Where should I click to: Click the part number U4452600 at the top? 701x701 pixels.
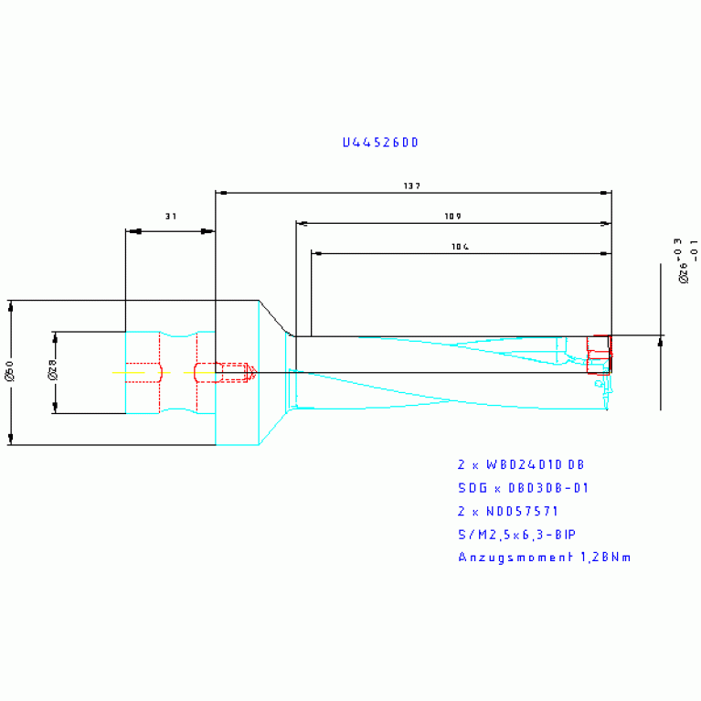380,143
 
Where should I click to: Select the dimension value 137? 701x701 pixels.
411,186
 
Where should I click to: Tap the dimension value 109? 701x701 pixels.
451,217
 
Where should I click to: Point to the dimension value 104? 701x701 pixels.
461,247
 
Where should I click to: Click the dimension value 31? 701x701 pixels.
170,217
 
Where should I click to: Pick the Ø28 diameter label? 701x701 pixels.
52,373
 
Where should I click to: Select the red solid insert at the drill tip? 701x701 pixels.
598,355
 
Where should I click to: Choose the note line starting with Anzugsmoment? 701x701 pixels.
545,558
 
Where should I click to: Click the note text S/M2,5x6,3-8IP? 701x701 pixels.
516,534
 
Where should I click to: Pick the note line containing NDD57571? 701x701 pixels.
507,511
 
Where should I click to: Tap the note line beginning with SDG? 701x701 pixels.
523,487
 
